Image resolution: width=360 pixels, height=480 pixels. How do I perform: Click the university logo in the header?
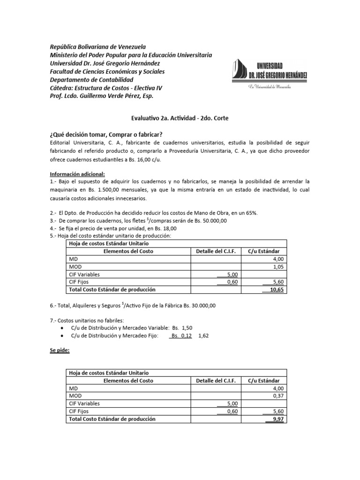pos(269,73)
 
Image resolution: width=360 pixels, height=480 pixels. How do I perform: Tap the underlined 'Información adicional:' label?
pos(77,174)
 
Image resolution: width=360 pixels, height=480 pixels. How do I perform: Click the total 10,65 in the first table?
pos(276,290)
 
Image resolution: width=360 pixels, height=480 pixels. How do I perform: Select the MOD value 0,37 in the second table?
pos(277,396)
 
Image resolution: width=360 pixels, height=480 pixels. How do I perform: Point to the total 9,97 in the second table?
pos(277,419)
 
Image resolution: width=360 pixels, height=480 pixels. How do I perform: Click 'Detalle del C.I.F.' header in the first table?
pos(216,251)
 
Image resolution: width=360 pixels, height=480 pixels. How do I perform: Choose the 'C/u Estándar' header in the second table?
pos(264,380)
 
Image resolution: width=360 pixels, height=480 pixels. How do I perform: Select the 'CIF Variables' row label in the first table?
pos(84,275)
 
